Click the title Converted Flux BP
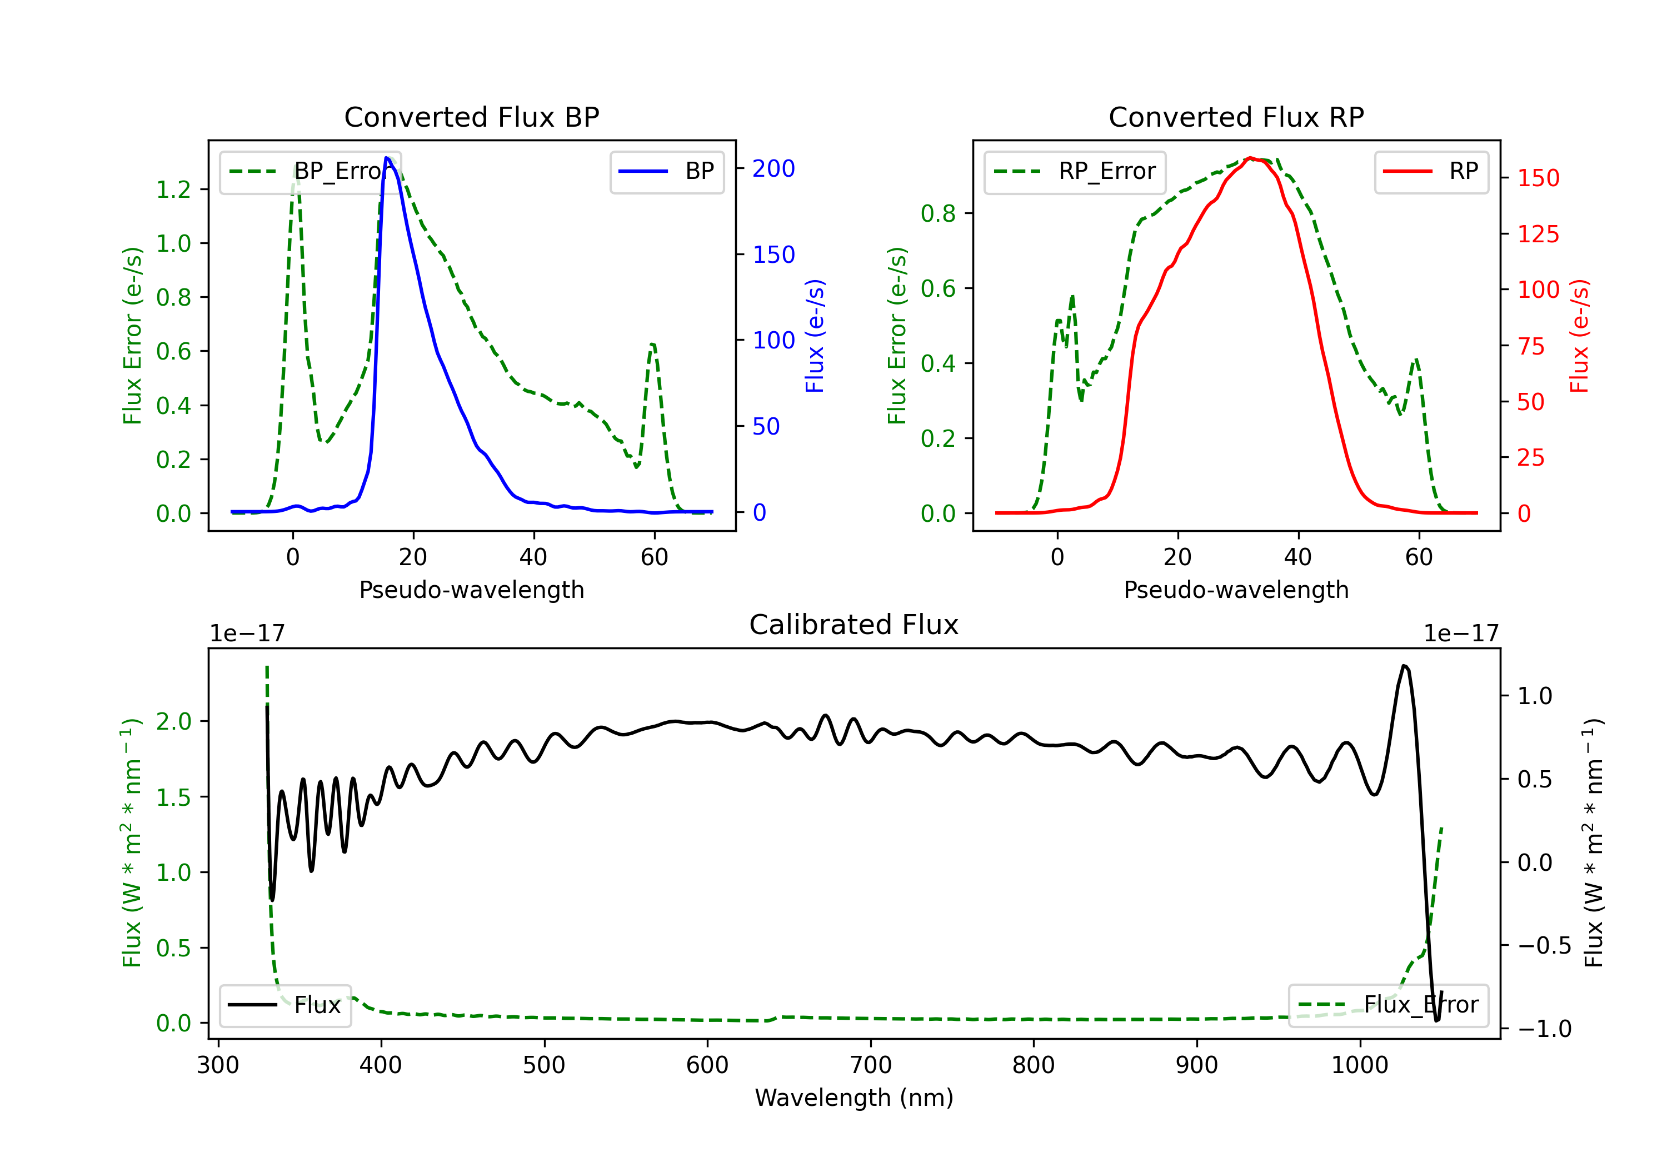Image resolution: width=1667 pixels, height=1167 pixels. point(471,117)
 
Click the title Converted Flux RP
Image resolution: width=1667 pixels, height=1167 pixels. point(1236,117)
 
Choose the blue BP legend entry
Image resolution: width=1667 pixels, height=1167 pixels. point(666,171)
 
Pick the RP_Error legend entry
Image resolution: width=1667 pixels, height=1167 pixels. point(1075,171)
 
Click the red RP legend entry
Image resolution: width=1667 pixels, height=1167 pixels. point(1431,171)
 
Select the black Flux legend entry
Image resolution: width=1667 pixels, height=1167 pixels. point(286,1005)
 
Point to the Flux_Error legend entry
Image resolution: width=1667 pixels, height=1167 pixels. point(1388,1005)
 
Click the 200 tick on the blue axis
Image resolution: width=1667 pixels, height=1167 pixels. point(773,168)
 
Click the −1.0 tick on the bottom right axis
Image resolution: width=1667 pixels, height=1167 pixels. point(1544,1029)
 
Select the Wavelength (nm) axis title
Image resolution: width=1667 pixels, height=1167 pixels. point(854,1098)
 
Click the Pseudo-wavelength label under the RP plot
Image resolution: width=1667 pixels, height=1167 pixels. point(1236,590)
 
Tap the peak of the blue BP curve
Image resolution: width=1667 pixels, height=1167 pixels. point(387,158)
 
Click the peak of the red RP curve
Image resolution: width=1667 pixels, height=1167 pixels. point(1250,158)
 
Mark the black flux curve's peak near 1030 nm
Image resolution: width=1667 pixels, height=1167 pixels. point(1404,665)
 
